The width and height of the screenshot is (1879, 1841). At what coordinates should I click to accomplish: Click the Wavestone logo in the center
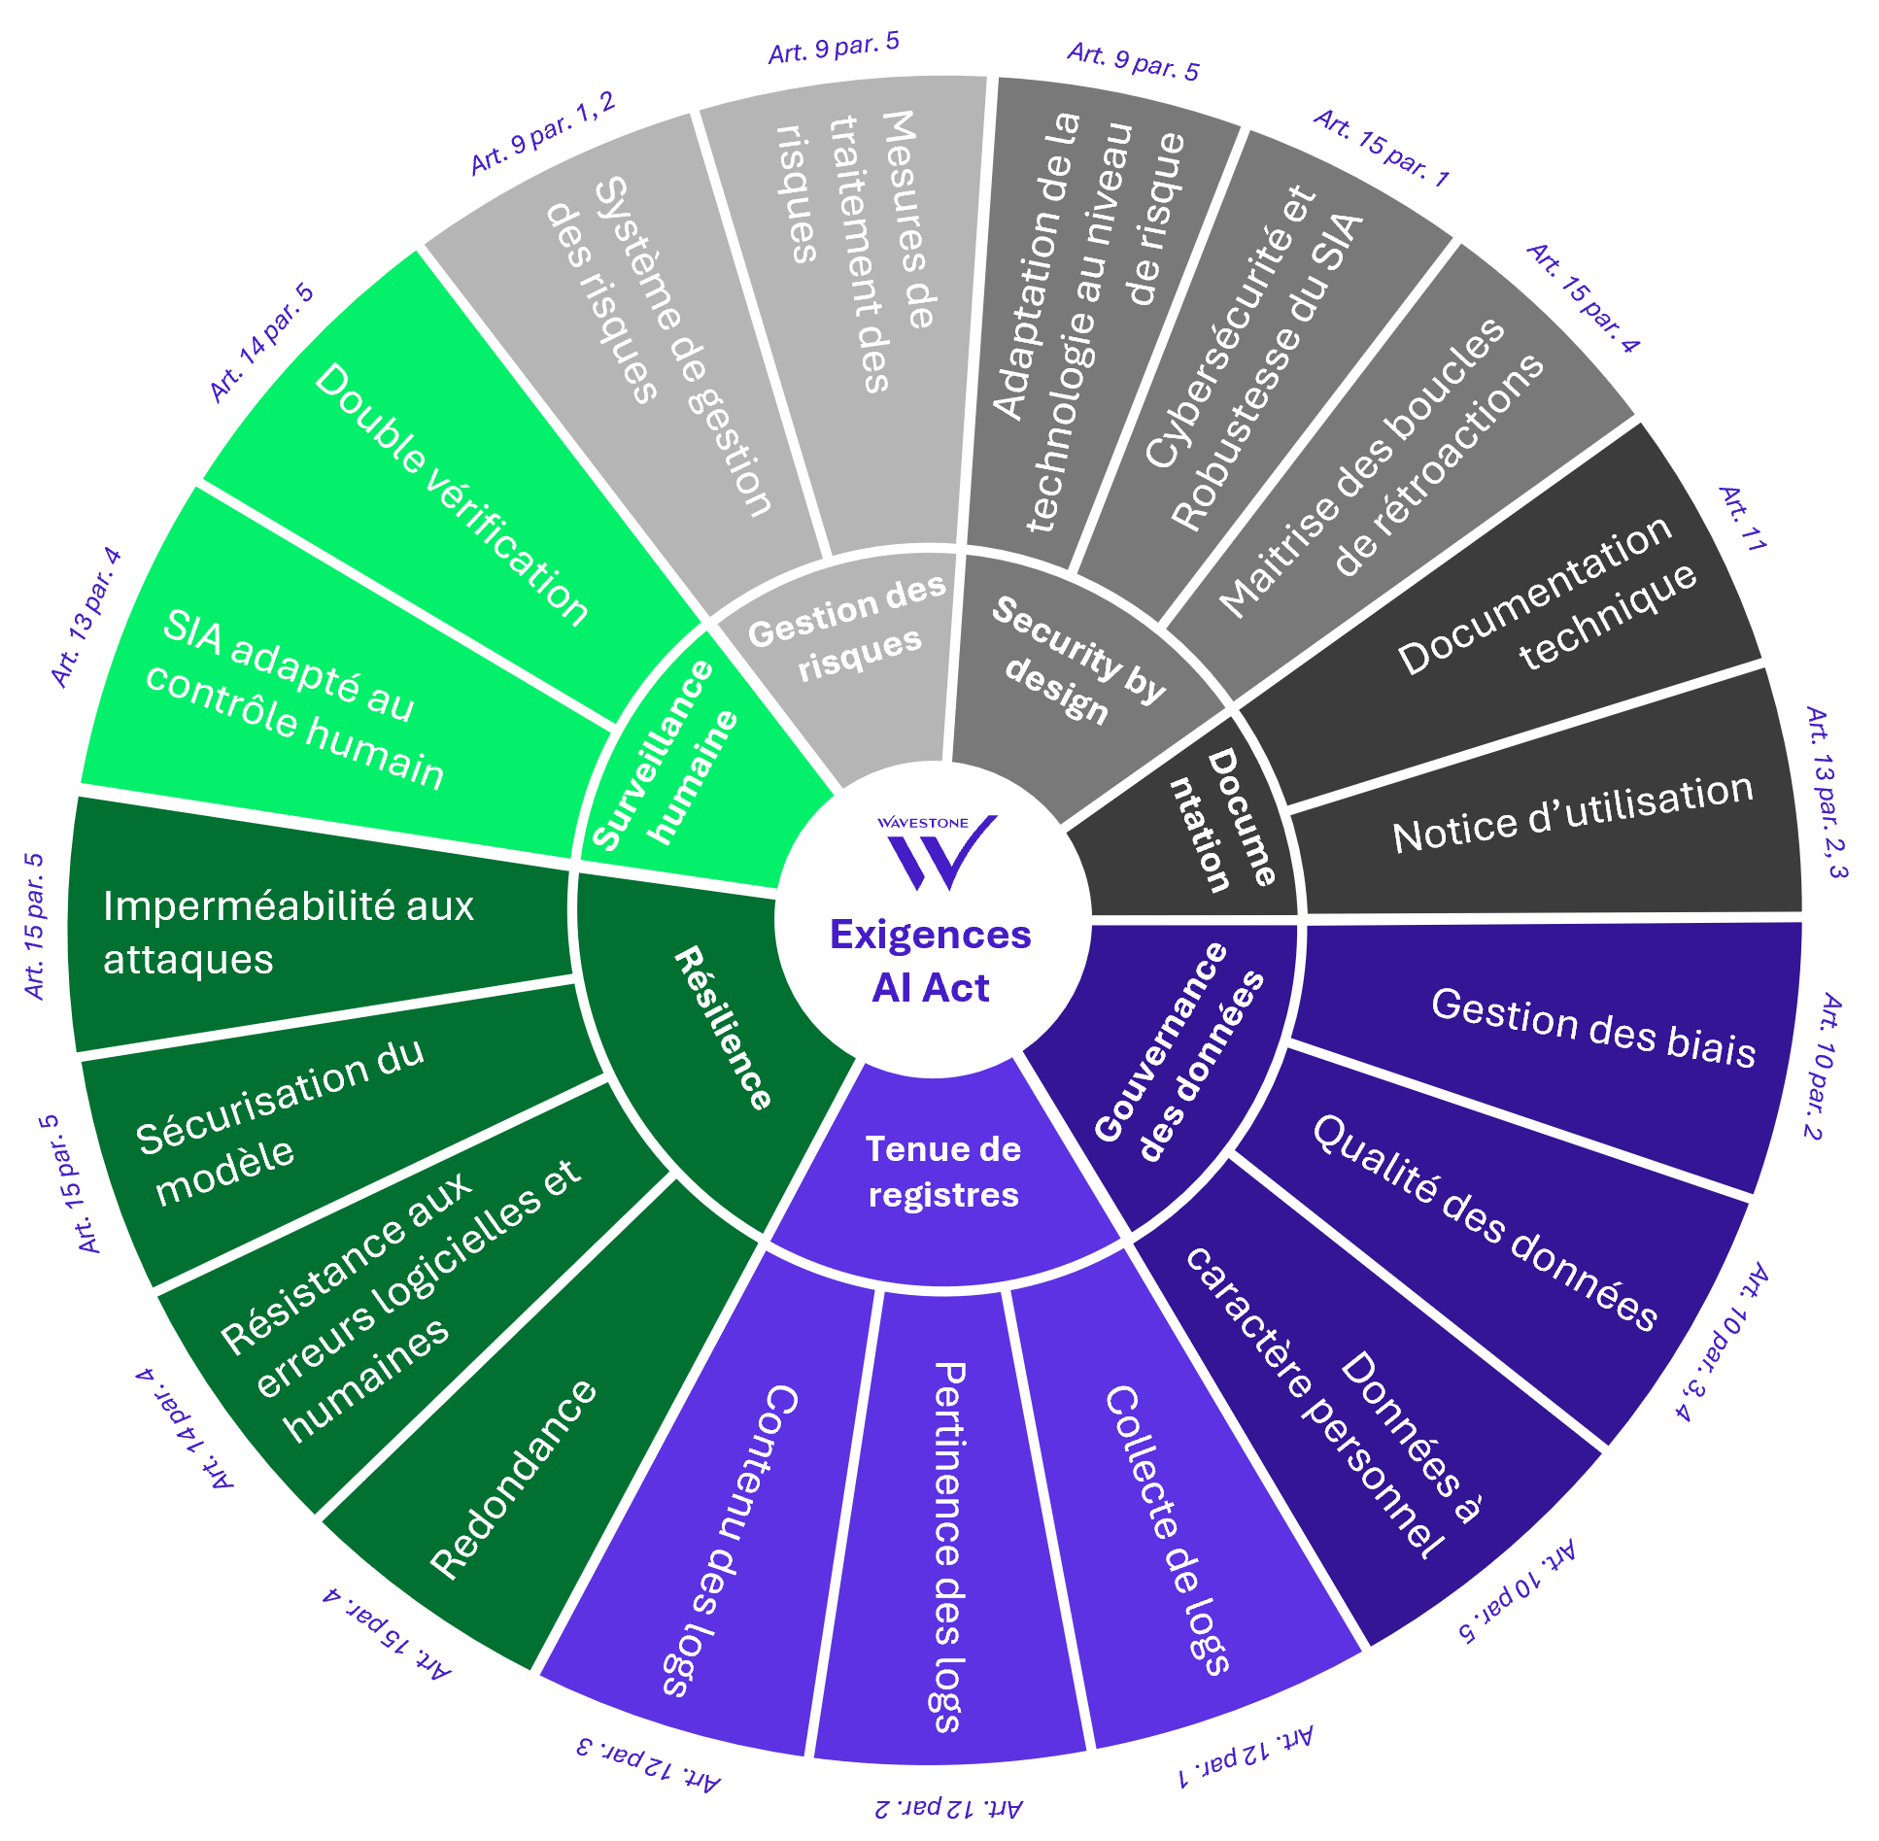936,851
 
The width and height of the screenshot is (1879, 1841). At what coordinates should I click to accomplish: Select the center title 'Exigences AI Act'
931,961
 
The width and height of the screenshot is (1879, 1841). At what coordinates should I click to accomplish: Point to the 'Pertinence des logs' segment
947,1545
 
